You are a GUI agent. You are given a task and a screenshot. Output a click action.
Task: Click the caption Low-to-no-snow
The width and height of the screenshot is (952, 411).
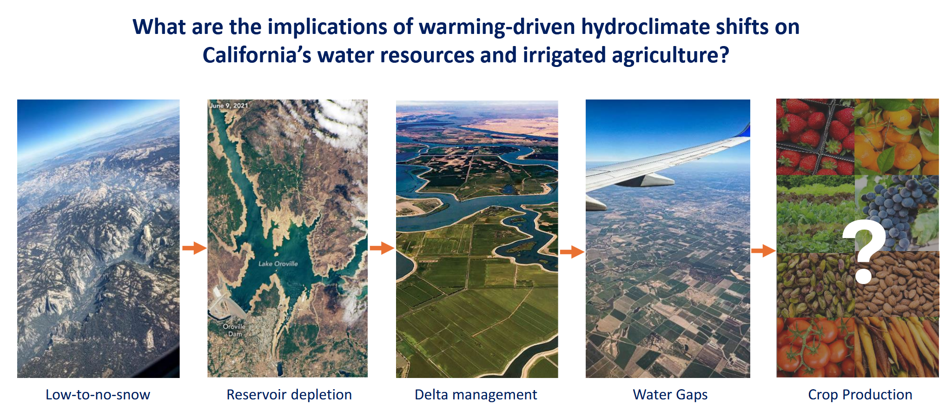(98, 395)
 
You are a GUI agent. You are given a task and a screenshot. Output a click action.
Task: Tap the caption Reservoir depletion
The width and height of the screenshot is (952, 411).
(289, 395)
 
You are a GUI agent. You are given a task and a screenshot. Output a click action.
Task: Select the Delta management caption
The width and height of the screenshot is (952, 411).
(476, 395)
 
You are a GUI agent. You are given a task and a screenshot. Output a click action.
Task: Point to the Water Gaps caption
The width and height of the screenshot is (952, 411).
(670, 395)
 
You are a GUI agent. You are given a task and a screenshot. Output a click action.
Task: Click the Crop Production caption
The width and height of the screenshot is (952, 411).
(860, 395)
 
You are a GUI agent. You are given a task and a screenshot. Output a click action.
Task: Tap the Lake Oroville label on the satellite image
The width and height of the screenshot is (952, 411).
(278, 264)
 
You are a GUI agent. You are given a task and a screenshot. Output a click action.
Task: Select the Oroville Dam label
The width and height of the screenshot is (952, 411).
(234, 330)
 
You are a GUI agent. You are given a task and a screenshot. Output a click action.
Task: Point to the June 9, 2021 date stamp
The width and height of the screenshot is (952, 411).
(229, 106)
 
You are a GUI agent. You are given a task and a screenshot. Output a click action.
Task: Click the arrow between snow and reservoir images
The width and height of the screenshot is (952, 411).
(194, 248)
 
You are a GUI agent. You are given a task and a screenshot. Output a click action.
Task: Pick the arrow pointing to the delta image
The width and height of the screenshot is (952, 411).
(382, 248)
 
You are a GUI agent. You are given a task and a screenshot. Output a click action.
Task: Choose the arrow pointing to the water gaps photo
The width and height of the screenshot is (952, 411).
(572, 252)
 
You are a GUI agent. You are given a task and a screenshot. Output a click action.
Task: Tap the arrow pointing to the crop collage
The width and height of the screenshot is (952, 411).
(763, 251)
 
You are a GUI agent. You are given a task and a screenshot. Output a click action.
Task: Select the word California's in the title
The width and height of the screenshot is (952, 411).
(257, 55)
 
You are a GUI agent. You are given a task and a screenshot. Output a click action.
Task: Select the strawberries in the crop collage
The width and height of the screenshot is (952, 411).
(815, 137)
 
